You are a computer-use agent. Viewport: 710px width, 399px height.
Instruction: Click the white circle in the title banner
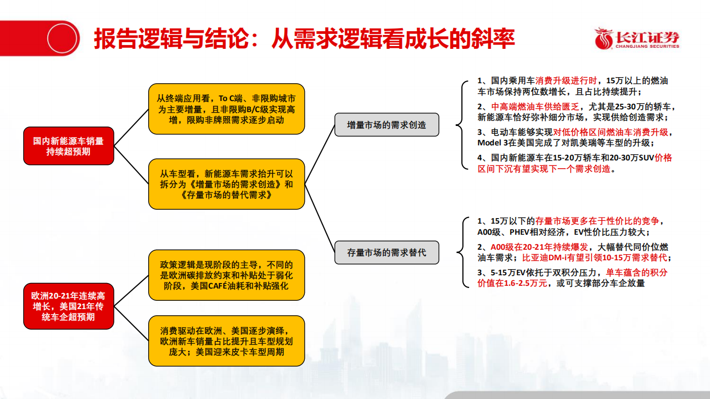click(63, 38)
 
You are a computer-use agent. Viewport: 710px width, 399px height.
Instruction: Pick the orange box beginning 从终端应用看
click(226, 109)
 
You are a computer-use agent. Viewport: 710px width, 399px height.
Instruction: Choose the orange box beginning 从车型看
click(226, 184)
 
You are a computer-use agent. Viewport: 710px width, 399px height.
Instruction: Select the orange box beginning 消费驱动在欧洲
click(226, 341)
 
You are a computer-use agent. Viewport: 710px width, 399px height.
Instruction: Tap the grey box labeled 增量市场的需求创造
click(386, 125)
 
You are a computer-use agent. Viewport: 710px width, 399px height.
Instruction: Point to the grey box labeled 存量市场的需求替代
click(386, 252)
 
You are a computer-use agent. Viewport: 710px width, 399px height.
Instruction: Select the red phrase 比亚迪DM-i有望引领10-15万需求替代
click(596, 258)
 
